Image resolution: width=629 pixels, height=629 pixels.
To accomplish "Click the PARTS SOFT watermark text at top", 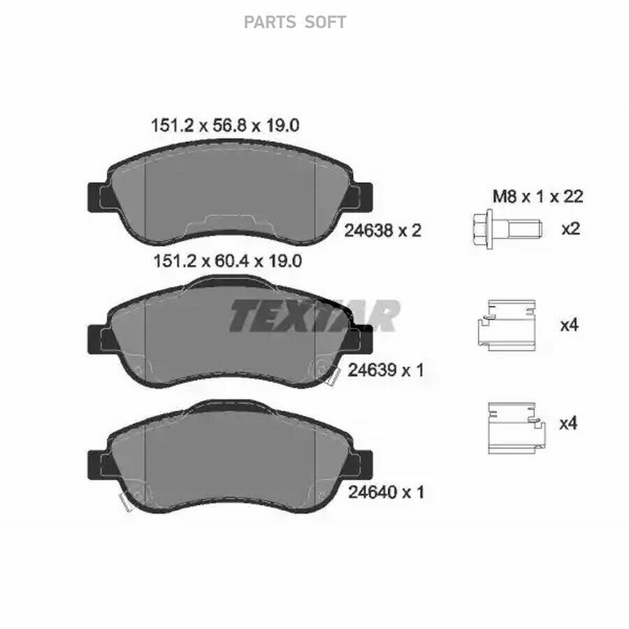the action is pyautogui.click(x=295, y=22).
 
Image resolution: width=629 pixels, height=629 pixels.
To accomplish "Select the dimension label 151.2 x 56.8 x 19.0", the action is pyautogui.click(x=225, y=126).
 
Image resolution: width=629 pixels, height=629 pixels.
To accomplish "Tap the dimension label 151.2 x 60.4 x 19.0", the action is pyautogui.click(x=227, y=261).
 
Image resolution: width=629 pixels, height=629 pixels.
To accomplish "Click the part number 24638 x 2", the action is pyautogui.click(x=383, y=231).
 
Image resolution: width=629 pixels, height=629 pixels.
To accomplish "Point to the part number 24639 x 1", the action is pyautogui.click(x=386, y=370).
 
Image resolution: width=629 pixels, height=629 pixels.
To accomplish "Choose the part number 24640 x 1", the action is pyautogui.click(x=386, y=492).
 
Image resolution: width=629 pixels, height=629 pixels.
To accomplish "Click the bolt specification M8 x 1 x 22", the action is pyautogui.click(x=537, y=196).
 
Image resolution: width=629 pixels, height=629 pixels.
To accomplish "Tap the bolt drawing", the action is pyautogui.click(x=507, y=229).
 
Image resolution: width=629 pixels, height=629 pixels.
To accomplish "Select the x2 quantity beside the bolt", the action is pyautogui.click(x=570, y=229).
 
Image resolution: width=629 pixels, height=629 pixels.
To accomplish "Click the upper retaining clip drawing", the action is pyautogui.click(x=507, y=325).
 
